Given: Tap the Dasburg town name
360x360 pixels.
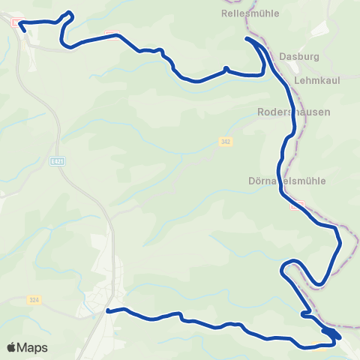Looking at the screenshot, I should [x=295, y=56].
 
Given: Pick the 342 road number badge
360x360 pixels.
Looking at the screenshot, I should [x=225, y=141].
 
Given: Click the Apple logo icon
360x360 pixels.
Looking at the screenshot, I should [x=11, y=347].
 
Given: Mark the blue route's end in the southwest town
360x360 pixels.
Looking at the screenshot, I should [x=109, y=310].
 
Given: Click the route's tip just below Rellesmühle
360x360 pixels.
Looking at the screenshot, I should [x=247, y=37].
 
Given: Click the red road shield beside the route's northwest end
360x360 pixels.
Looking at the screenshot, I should [x=14, y=22].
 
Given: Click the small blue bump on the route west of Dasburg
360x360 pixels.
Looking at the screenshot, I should [x=225, y=69].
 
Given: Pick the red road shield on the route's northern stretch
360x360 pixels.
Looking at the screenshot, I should [x=112, y=34].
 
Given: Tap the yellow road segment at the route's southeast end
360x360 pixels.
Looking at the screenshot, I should [x=315, y=346].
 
